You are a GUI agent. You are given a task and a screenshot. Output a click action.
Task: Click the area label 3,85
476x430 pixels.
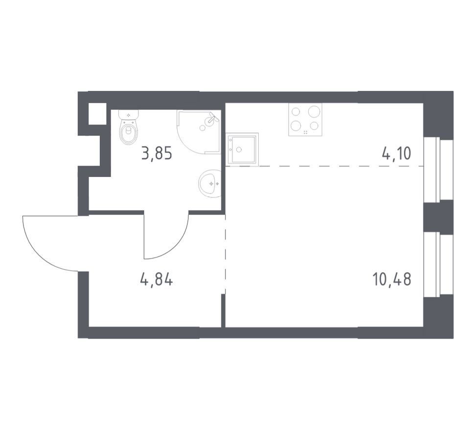(157, 153)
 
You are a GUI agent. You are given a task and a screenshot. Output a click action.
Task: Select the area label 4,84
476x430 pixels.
(157, 279)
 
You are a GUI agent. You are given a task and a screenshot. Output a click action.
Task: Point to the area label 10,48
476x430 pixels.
(391, 279)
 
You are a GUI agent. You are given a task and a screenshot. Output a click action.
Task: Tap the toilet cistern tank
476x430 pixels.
(129, 115)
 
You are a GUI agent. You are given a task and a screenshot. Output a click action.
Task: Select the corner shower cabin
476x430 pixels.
(199, 132)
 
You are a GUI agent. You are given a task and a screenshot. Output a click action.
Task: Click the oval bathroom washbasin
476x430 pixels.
(210, 183)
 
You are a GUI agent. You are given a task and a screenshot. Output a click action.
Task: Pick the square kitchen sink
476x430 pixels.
(242, 150)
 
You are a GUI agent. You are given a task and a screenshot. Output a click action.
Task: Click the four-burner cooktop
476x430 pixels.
(305, 120)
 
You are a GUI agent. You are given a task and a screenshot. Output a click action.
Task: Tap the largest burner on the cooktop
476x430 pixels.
(314, 111)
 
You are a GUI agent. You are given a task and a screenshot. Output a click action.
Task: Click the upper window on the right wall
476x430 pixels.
(438, 169)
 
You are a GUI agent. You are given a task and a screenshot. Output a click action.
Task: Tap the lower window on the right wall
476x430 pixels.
(438, 264)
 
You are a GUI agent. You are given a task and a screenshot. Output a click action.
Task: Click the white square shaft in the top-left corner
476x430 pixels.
(97, 114)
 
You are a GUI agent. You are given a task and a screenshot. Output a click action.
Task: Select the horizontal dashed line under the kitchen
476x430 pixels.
(325, 166)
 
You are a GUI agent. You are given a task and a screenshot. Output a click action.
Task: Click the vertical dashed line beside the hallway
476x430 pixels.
(225, 254)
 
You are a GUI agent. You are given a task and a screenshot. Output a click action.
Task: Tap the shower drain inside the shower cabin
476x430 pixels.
(202, 128)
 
